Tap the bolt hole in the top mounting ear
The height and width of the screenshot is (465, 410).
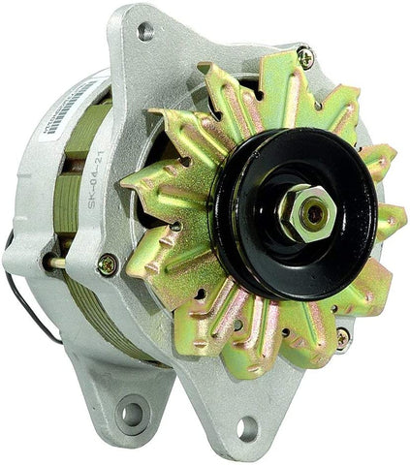point(145,31)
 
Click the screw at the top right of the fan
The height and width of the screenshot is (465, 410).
point(306,57)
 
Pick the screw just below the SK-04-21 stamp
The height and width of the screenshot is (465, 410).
point(109,263)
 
